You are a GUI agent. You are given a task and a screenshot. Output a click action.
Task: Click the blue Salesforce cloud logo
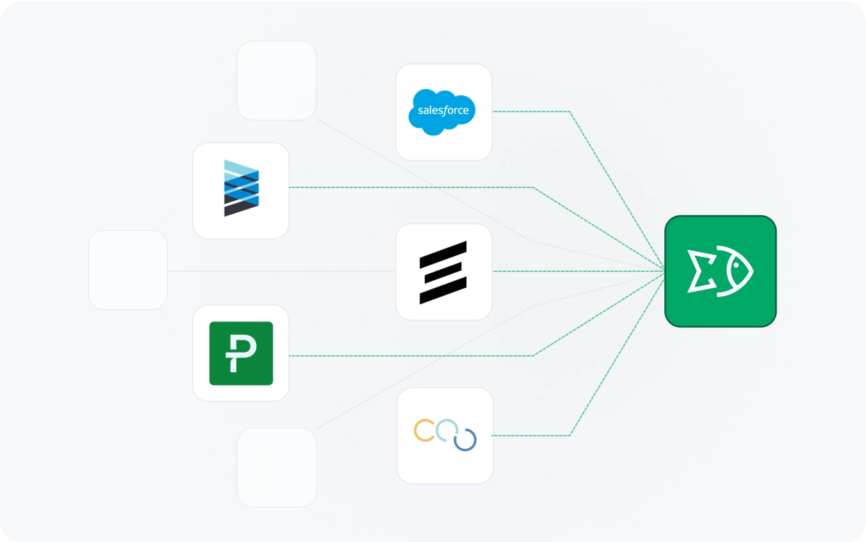point(442,112)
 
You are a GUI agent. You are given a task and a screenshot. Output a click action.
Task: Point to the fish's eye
point(735,265)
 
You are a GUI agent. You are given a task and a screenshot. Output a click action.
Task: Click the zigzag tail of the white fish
point(700,271)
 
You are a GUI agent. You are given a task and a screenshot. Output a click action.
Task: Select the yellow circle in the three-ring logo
point(424,430)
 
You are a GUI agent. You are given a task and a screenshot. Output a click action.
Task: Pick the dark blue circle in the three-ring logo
point(465,440)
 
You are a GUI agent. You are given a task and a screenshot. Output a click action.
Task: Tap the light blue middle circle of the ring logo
point(447,430)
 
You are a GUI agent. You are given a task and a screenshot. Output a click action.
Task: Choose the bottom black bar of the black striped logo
point(443,292)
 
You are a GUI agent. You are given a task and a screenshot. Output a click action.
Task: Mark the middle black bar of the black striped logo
point(443,272)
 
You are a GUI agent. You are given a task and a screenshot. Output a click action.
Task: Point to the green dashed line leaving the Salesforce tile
point(531,112)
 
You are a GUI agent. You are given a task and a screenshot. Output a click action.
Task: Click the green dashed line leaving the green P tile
point(406,356)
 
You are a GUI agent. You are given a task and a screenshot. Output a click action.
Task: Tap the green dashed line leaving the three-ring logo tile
point(531,436)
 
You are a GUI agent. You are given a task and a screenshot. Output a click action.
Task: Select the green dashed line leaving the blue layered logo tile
point(406,187)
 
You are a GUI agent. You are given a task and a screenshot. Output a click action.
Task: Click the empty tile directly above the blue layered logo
point(277,81)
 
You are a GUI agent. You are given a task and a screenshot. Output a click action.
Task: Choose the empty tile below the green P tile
point(277,468)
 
